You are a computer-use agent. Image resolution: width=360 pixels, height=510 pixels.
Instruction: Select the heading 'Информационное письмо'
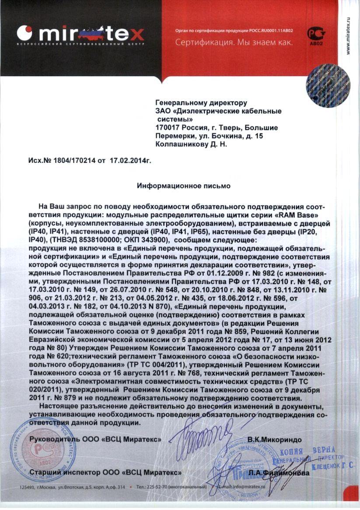click(184, 186)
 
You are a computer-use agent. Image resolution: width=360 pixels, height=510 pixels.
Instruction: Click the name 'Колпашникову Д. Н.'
click(191, 144)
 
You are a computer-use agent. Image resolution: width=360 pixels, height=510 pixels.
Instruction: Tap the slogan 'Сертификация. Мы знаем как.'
click(234, 43)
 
